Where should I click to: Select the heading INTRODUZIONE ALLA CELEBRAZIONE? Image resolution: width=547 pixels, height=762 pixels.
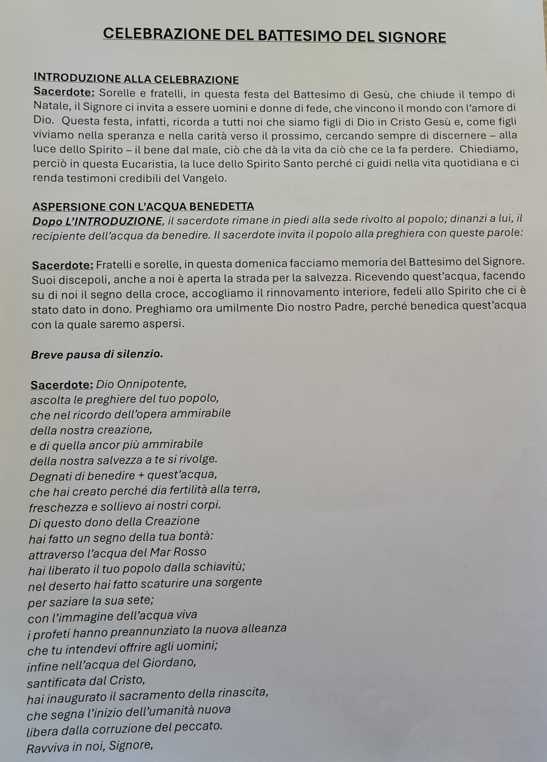[136, 79]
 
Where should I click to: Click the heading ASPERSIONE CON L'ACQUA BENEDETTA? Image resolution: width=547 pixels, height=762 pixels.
[143, 206]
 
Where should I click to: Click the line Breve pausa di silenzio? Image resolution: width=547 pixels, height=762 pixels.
[97, 354]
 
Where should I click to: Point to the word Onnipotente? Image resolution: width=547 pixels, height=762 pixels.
[141, 384]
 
